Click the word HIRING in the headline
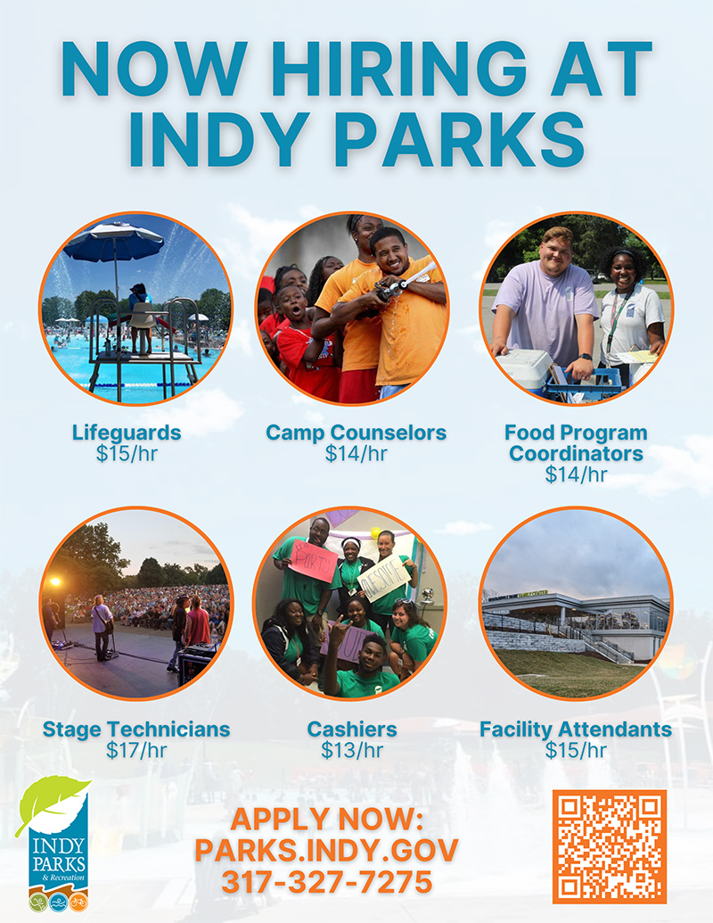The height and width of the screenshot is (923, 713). (x=399, y=70)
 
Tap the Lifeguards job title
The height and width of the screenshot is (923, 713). (x=127, y=433)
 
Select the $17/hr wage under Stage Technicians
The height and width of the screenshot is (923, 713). (x=135, y=751)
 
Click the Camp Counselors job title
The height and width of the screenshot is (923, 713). (x=356, y=433)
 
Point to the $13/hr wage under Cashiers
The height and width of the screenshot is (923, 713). (x=352, y=751)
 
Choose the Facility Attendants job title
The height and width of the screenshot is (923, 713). (x=576, y=729)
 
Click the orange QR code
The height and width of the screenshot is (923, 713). (x=610, y=846)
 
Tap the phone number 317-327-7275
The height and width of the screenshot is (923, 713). (x=327, y=882)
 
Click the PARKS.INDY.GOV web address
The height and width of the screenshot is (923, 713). (x=326, y=851)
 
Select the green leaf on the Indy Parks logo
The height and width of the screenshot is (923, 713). (x=52, y=801)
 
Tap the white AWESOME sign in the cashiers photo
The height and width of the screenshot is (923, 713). (x=384, y=579)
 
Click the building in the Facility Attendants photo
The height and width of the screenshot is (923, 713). (x=577, y=625)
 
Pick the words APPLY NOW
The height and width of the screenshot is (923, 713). (x=327, y=819)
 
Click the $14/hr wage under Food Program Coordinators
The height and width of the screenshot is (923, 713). (x=576, y=474)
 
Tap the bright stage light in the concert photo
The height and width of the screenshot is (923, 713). (x=56, y=581)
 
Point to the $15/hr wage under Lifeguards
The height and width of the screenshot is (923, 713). (x=127, y=454)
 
